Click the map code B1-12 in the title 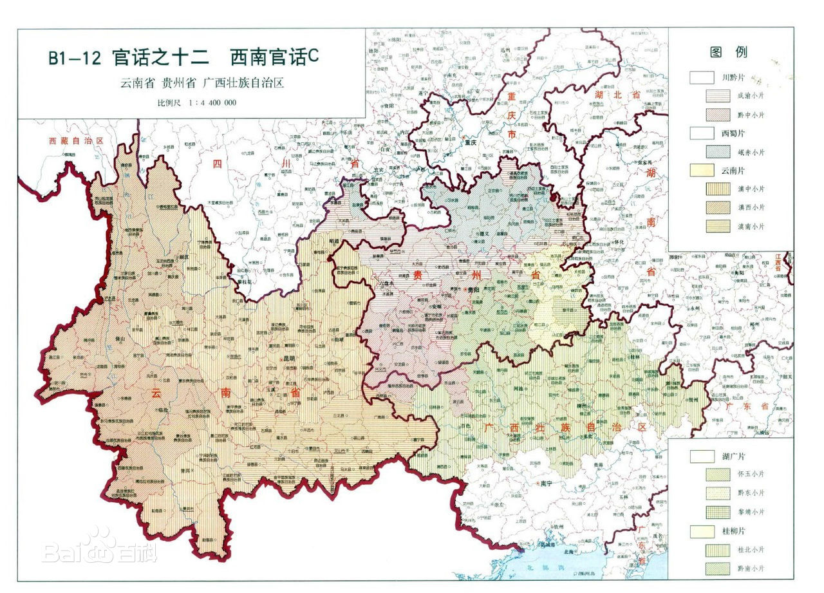(x=75, y=58)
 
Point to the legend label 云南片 (x=733, y=171)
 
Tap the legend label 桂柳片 (x=733, y=531)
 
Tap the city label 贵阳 (x=473, y=290)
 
